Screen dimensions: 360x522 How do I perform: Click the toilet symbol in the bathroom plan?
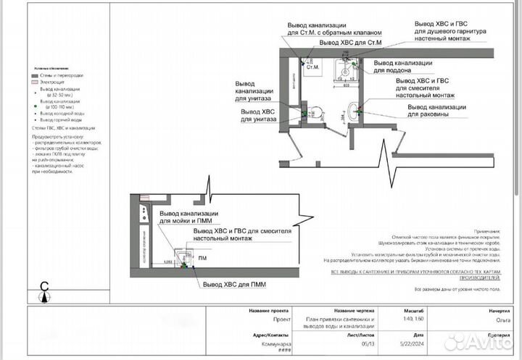click(x=310, y=114)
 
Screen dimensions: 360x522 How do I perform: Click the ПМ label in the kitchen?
click(x=202, y=258)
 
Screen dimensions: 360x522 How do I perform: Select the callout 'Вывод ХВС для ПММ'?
click(x=234, y=285)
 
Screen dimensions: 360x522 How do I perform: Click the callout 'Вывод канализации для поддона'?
click(x=402, y=67)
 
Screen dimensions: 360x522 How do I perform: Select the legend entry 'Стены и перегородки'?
click(x=61, y=75)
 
